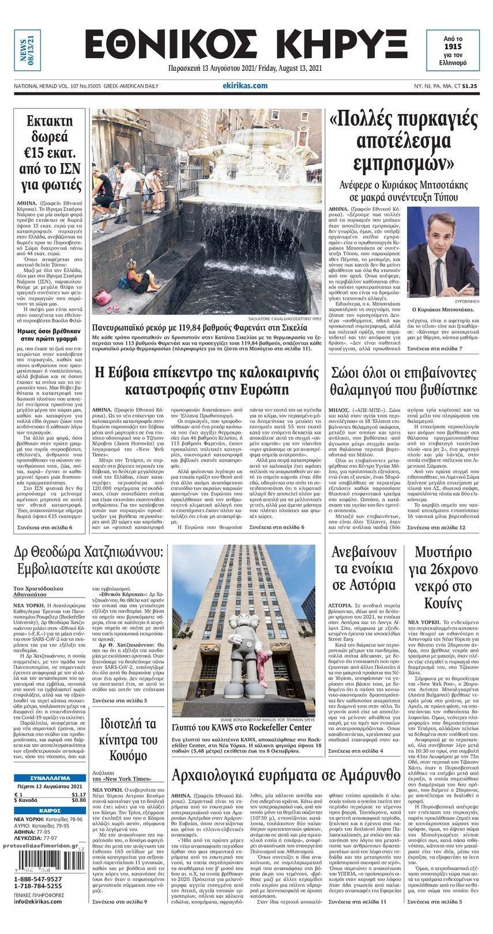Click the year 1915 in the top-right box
coord(453,45)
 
